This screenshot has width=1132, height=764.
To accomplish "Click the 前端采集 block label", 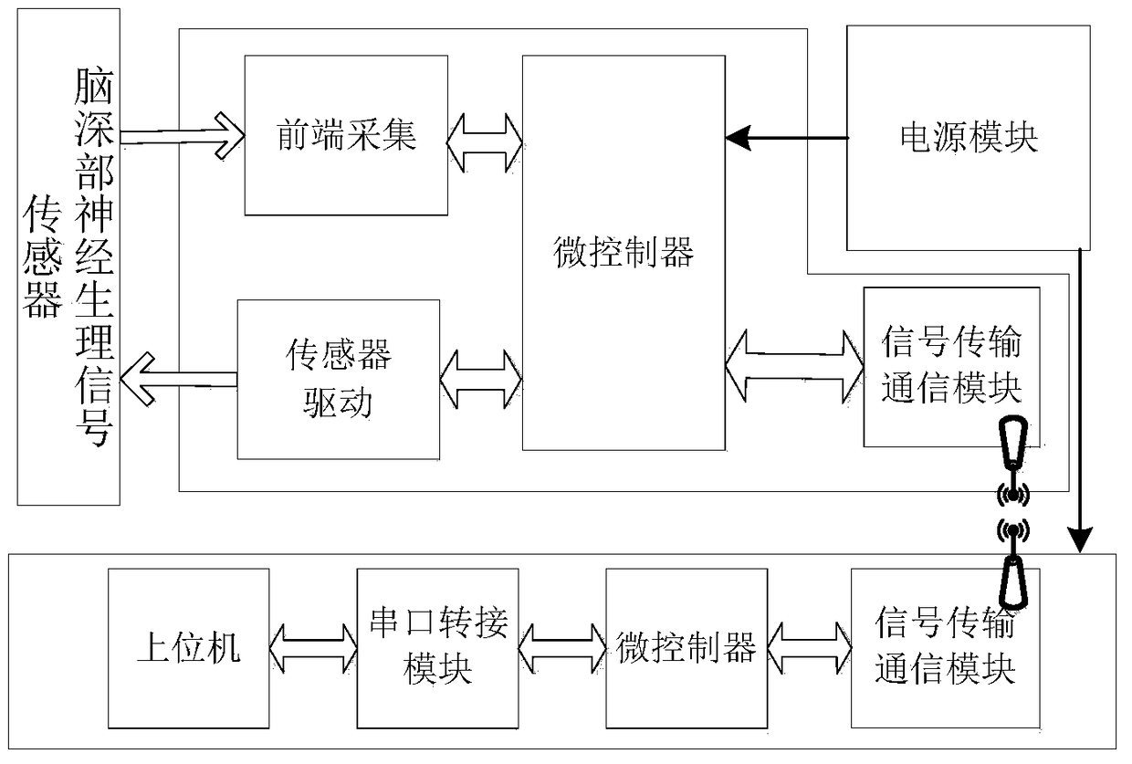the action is [346, 135].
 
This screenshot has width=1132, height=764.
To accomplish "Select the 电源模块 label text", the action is [969, 138].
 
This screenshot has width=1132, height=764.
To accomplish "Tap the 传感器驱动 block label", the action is [338, 379].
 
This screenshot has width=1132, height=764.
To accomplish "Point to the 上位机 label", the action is [188, 648].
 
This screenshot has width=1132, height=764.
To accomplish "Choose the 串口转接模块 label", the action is [438, 646].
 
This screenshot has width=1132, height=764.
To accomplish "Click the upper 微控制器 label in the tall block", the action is [624, 252].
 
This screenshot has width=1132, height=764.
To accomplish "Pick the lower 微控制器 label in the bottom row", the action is [687, 648].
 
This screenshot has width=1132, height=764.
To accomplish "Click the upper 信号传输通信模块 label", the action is [951, 364].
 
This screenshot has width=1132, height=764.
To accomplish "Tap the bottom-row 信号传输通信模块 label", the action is [945, 645].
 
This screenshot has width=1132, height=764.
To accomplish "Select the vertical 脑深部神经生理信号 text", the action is [95, 256].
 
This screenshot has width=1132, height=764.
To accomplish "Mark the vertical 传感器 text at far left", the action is [42, 256].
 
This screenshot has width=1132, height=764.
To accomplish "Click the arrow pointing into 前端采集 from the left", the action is [183, 136].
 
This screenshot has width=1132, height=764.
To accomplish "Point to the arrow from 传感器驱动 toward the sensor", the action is [179, 379].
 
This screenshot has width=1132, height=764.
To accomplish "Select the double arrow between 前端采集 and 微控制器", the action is [485, 143].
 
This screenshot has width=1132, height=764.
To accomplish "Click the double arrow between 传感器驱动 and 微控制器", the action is [481, 380].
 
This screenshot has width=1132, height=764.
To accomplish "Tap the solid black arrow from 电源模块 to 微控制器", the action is [786, 138].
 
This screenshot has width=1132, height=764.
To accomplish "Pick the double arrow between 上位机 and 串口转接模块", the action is [313, 648].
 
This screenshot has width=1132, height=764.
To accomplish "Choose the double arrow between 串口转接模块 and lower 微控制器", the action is [562, 648].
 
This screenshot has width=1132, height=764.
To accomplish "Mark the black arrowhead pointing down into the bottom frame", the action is [1080, 539].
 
